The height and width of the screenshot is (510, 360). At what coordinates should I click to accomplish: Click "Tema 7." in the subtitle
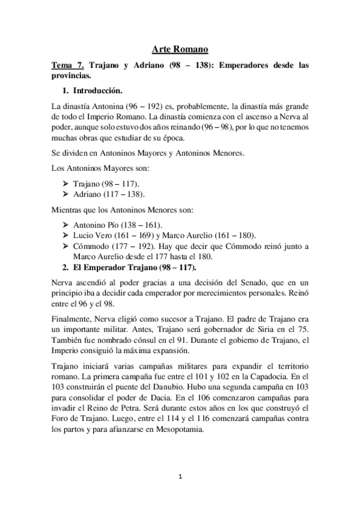(67, 66)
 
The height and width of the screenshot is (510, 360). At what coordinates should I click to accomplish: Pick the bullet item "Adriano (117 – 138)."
(109, 194)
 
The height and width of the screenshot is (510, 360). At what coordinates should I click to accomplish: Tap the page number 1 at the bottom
(180, 477)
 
